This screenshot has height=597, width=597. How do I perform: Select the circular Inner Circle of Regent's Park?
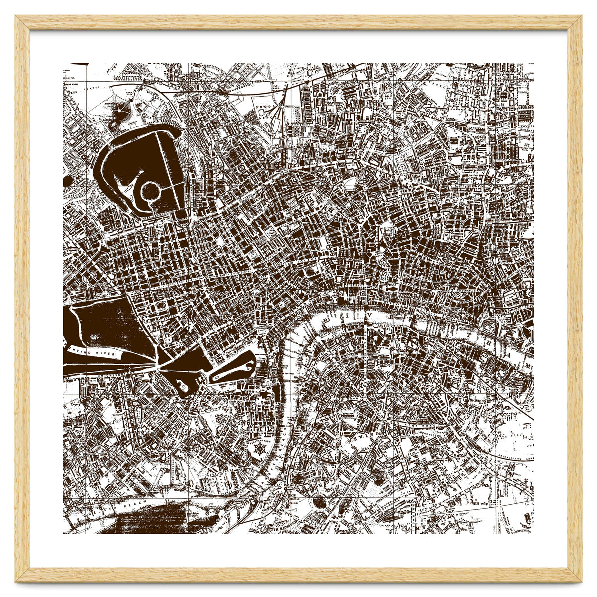coord(149,190)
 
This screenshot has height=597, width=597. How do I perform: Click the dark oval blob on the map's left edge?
coord(66,180)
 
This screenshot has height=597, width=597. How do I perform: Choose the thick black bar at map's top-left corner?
coord(79,64)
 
